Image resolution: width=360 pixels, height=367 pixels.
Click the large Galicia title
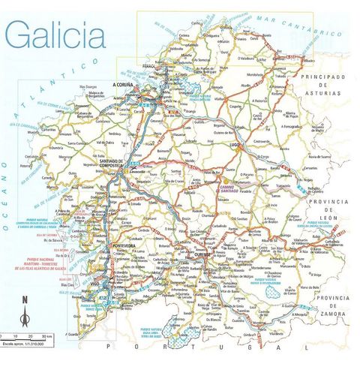tap(54, 33)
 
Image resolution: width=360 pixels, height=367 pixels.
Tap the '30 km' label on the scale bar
tap(47, 335)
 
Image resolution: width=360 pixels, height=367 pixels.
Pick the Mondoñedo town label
tap(256, 75)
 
